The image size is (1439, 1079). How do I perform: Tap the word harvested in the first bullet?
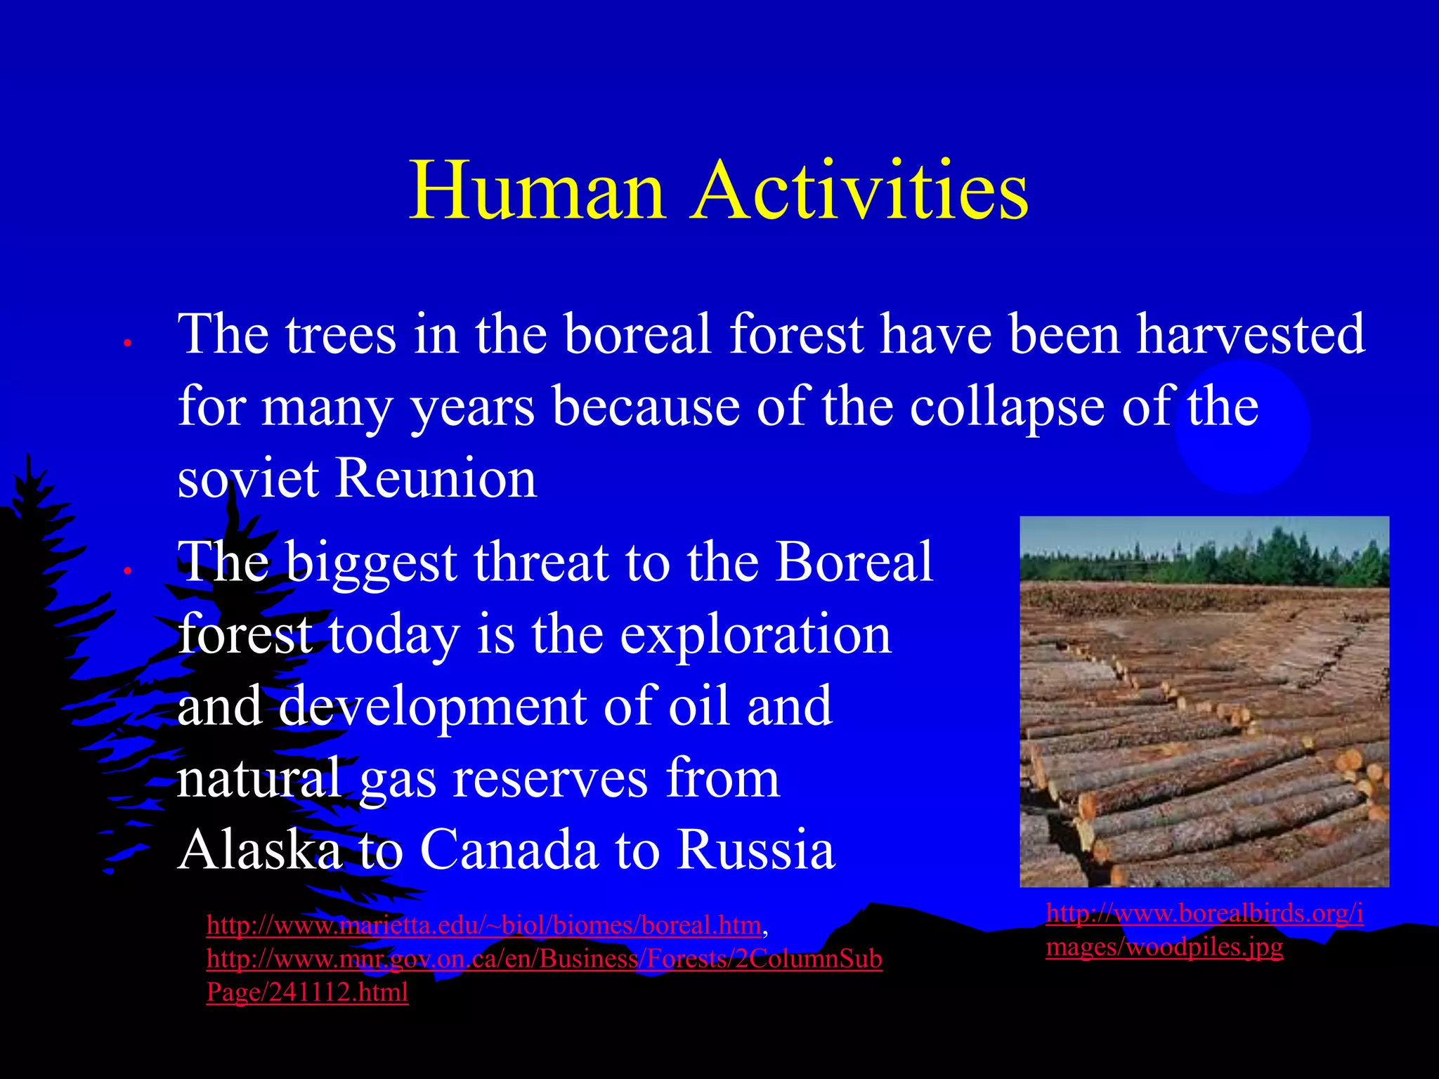point(1251,334)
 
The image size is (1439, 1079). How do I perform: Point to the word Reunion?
point(436,479)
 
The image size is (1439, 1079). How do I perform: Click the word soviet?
point(248,479)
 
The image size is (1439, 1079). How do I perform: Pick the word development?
point(432,707)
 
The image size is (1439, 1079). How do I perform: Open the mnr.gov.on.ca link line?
point(544,960)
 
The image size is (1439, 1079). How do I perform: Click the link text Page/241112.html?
point(307,993)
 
